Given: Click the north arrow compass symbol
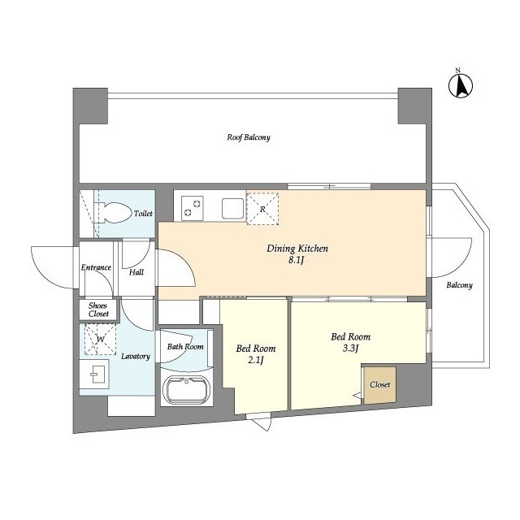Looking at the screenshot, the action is tap(461, 85).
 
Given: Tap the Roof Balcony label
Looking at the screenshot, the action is tap(249, 137).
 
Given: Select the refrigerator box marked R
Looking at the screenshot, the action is tap(262, 209).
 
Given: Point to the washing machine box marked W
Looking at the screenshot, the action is tap(101, 339).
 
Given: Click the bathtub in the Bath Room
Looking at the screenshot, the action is tap(186, 391).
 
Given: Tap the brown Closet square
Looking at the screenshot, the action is tap(380, 385).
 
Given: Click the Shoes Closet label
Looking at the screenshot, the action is tap(98, 310).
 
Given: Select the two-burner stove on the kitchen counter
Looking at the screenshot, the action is tap(193, 208).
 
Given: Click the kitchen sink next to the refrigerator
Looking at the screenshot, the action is tap(233, 209).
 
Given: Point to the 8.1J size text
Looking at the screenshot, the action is tap(296, 261).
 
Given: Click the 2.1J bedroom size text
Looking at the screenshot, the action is tap(256, 360).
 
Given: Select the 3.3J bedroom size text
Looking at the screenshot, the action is tap(350, 349).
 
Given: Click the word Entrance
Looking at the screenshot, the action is tap(96, 267).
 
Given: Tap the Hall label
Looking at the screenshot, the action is tap(136, 272).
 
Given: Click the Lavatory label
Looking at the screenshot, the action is tap(136, 357).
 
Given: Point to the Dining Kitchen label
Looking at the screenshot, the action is tap(297, 249).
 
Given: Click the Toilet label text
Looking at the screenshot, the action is tap(143, 213).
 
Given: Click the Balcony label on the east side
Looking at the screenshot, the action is tap(459, 285).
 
